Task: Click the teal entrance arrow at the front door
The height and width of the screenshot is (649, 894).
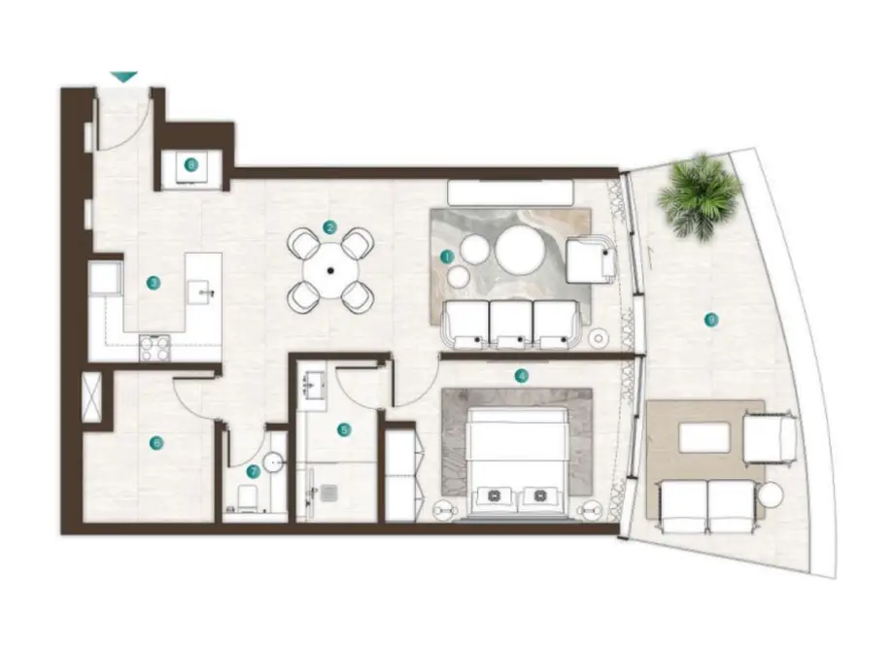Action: coord(124,76)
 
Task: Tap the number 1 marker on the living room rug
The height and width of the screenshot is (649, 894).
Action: coord(446,256)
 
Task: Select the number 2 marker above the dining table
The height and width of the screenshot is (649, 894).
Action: coord(330,228)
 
